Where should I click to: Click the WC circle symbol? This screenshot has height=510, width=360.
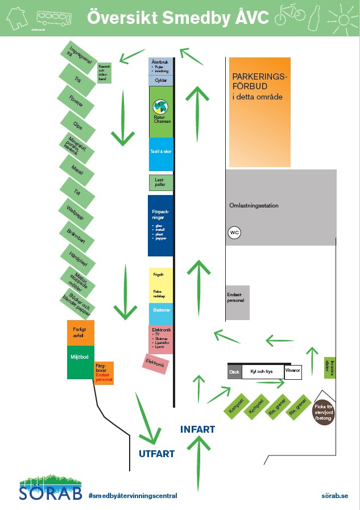pos(234,232)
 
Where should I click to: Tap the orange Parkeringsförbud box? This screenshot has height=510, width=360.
pos(260,111)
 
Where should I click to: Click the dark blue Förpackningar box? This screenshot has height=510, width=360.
pos(160,226)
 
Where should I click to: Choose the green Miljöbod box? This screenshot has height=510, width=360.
pos(80,362)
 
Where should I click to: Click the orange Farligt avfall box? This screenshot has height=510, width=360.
pos(80,333)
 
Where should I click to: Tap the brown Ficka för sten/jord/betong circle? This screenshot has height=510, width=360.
pos(324,412)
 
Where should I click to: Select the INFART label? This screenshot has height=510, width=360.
pos(197,429)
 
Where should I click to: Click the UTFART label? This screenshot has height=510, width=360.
pos(156,454)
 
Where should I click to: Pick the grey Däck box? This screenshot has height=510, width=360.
pos(234,372)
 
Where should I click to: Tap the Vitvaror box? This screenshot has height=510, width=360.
pos(292,371)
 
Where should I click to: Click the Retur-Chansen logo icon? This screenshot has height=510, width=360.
pos(160,107)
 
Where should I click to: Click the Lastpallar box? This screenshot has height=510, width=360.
pos(160,183)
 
